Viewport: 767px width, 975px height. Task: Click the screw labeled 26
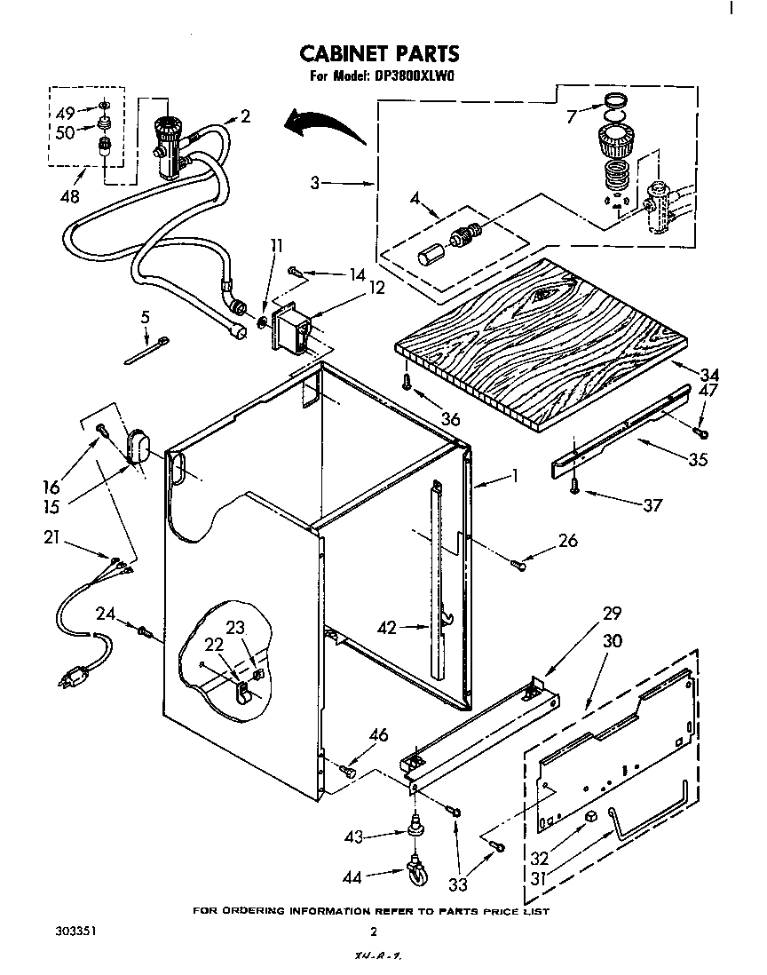(x=519, y=564)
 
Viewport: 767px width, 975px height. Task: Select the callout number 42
(x=389, y=628)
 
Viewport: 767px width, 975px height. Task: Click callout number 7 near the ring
(x=572, y=115)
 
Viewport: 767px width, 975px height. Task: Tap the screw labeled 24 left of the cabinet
(x=144, y=632)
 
